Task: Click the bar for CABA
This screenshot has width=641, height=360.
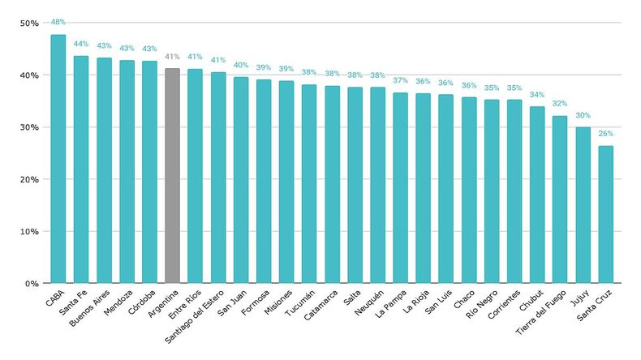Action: point(58,159)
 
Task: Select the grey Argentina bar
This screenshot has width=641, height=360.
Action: point(172,176)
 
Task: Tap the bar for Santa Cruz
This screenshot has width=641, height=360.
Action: point(605,215)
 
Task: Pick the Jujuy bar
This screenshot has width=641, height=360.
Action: point(583,205)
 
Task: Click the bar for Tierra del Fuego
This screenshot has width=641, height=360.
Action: point(560,199)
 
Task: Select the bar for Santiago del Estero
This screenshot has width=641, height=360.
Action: point(218,178)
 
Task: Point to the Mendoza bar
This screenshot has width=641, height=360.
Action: point(127,172)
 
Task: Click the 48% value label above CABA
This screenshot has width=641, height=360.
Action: point(58,22)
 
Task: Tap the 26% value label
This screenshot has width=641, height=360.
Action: point(605,134)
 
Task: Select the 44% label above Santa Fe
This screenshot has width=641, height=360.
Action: point(81,44)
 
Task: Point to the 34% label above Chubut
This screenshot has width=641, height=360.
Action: point(537,95)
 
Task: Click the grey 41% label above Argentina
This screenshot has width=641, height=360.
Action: point(172,57)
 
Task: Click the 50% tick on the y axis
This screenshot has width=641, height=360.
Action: point(29,24)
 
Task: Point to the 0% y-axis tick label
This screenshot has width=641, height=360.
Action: point(32,284)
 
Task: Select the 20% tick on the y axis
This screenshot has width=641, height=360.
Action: point(29,179)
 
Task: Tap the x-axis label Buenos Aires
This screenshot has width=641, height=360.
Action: point(89,308)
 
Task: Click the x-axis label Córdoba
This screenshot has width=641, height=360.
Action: point(142,302)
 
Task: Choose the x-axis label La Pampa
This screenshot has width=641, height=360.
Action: point(391,303)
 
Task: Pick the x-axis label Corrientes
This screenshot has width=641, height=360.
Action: point(504,305)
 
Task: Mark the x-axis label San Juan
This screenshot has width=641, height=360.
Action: point(232,302)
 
